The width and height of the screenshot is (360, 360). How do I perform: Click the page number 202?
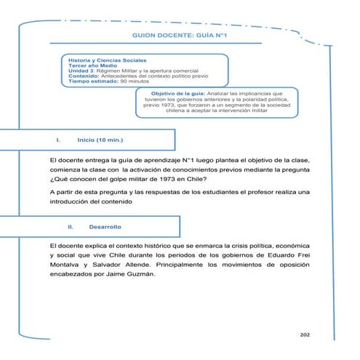tap(305, 335)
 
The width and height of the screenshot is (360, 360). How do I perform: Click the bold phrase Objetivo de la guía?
tap(177, 94)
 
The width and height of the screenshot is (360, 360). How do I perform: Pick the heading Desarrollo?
tap(105, 228)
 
